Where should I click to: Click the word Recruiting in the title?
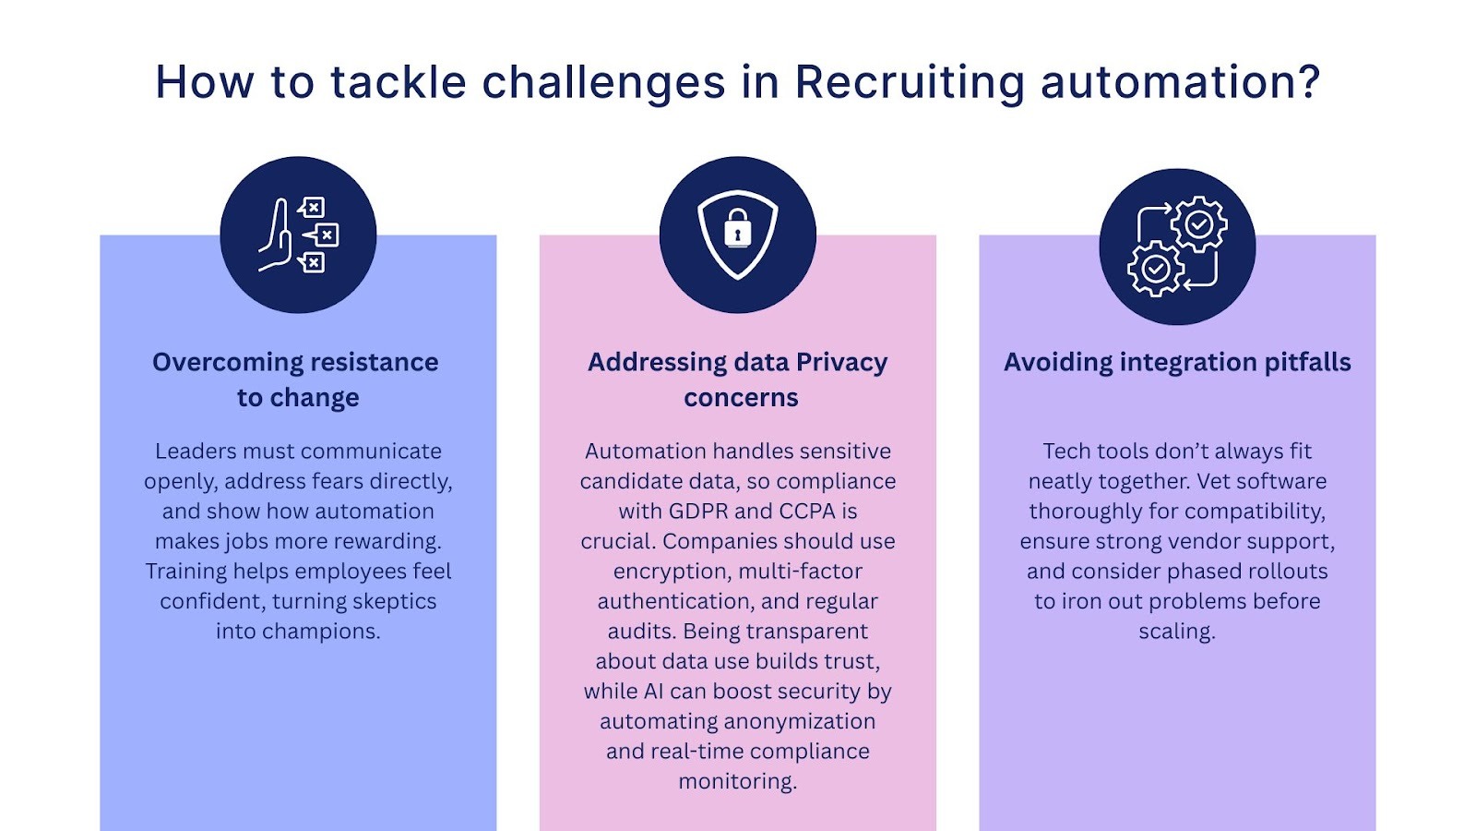coord(909,83)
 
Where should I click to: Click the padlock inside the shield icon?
coord(737,228)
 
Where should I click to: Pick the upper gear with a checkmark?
coord(1198,223)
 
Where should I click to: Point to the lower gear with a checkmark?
coord(1155,269)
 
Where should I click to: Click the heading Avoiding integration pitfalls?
coord(1177,362)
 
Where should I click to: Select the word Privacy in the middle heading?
coord(841,362)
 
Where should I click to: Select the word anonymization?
coord(804,722)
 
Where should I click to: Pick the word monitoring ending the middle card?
coord(736,782)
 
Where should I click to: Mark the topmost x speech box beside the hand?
coord(313,207)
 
